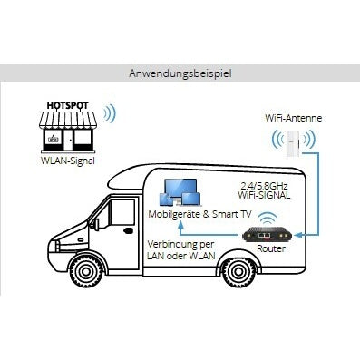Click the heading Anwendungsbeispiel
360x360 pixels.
pos(180,73)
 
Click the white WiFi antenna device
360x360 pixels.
pos(292,145)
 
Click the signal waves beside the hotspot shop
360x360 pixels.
pos(110,116)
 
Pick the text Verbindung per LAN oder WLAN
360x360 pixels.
pos(181,249)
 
